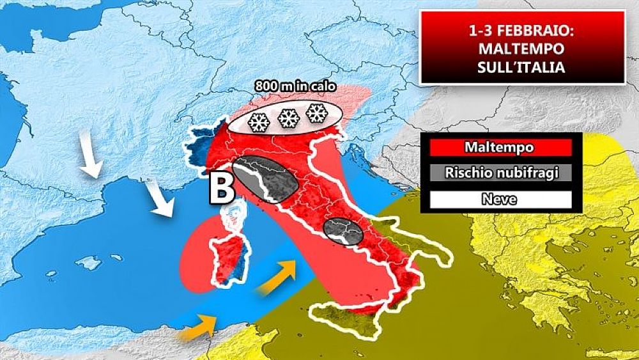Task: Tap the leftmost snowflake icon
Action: point(258,121)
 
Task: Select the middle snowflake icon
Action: point(288,117)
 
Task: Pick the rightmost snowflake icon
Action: point(316,114)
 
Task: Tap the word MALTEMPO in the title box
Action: point(521,49)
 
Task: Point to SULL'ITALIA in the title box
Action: point(521,67)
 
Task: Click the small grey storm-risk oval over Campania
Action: point(343,231)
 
